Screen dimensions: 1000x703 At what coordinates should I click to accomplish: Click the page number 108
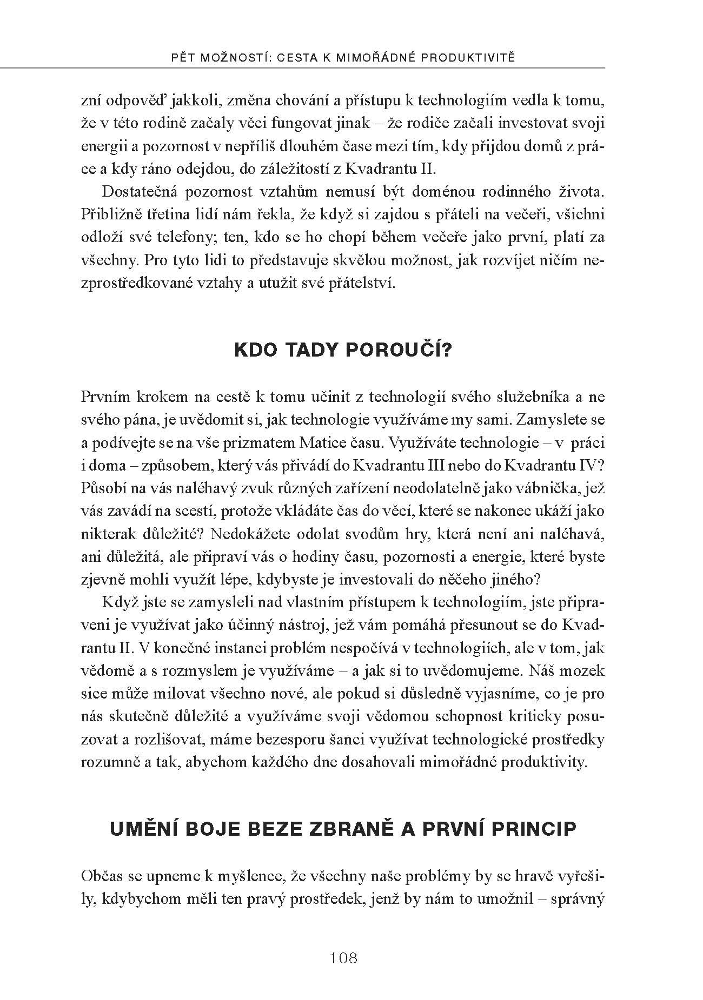click(x=343, y=958)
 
